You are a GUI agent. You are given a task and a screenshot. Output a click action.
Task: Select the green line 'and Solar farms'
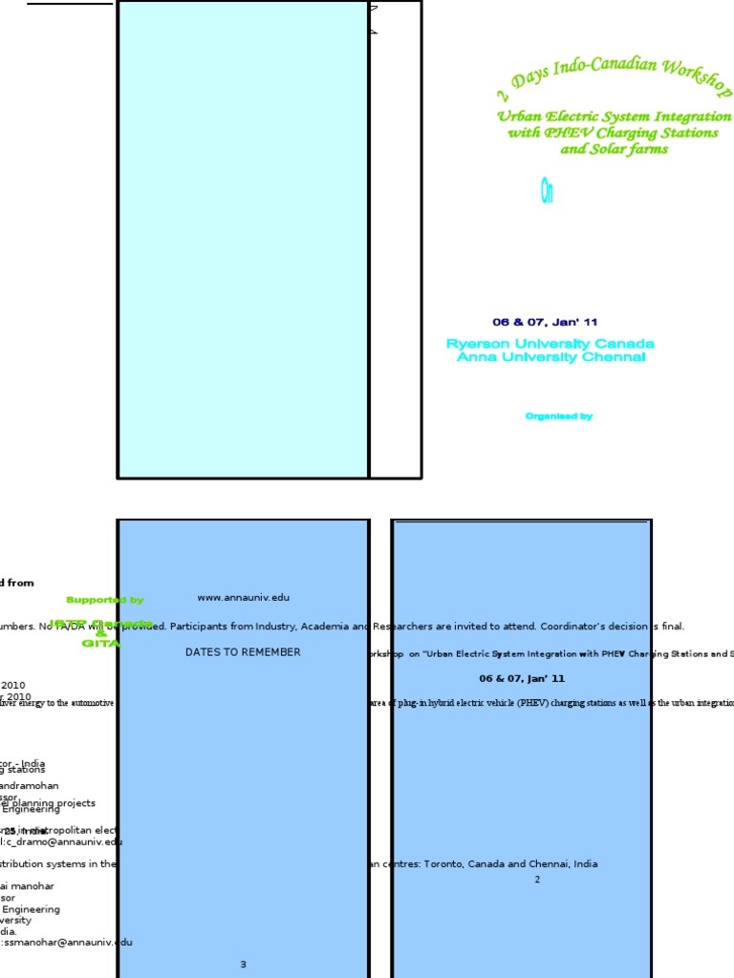[x=614, y=149]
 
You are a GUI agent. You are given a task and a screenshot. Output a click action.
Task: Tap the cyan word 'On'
[x=547, y=193]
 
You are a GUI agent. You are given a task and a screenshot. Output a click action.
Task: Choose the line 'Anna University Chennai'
[x=550, y=357]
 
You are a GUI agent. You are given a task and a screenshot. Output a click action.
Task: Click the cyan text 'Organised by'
[x=559, y=416]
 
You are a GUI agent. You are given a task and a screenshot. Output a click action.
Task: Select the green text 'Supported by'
[x=105, y=600]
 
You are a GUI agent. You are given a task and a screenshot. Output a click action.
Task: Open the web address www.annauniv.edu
[x=243, y=598]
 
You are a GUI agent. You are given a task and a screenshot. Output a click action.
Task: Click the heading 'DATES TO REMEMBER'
[x=243, y=652]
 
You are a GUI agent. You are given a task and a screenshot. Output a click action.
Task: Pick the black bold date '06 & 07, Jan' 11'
[x=522, y=678]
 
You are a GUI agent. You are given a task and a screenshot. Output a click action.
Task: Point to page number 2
[x=537, y=880]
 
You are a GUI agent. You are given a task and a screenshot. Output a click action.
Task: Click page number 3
[x=243, y=965]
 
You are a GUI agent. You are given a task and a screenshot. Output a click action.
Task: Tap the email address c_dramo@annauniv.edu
[x=67, y=841]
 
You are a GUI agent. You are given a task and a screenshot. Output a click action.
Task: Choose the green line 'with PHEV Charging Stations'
[x=613, y=133]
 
